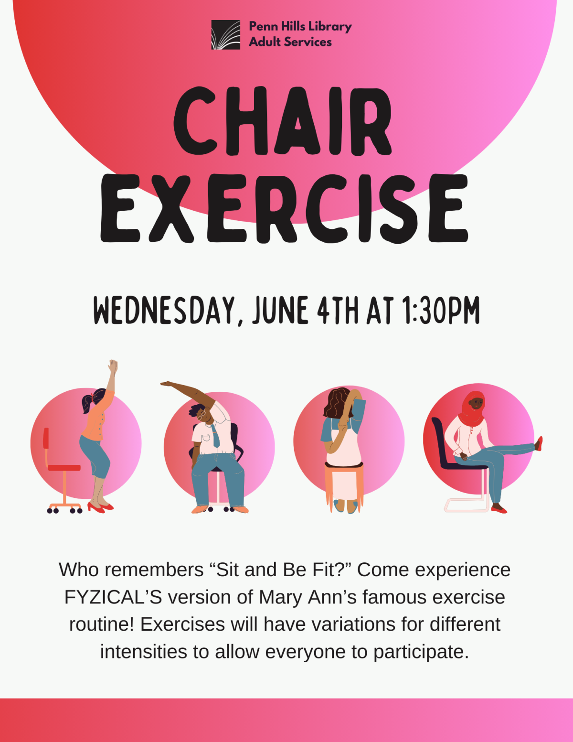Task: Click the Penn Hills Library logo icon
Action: coord(225,35)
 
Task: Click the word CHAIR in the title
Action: coord(283,122)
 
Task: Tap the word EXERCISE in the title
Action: coord(285,209)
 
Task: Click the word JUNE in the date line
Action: coord(280,311)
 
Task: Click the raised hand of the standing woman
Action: coord(113,367)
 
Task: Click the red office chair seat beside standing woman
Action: coord(64,467)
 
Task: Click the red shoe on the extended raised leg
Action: coord(539,443)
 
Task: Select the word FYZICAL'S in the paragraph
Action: coord(113,597)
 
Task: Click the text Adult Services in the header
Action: coord(290,42)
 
